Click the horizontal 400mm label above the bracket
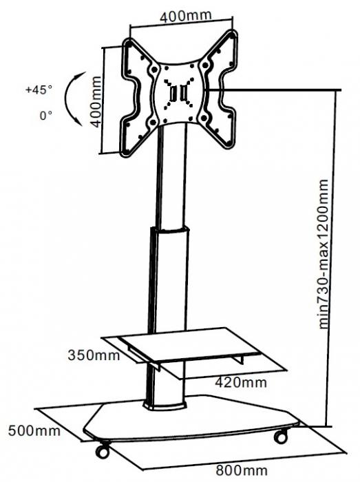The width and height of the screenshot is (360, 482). pos(186,16)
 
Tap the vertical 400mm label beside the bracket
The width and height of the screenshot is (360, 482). pos(96,102)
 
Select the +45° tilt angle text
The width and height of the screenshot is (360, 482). pos(39,90)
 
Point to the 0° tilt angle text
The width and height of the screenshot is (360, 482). pos(45,116)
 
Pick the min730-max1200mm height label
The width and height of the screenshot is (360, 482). pos(324,255)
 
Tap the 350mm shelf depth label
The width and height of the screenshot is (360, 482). pos(94,355)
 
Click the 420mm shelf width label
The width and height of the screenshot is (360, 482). pos(241,382)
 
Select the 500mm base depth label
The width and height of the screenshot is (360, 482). pos(34,430)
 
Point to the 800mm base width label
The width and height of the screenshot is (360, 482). pos(242,470)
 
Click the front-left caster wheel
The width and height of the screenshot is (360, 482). pos(103,450)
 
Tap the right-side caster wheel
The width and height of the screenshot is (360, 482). pos(281,436)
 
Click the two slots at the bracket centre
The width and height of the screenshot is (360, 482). pos(179,92)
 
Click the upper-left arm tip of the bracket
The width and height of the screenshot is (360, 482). pos(129,43)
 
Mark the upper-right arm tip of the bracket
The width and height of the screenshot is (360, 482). pos(233,34)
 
